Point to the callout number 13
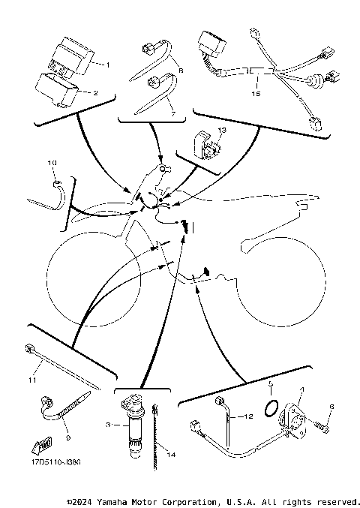click(220, 130)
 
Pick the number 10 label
click(52, 162)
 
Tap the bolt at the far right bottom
click(324, 428)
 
